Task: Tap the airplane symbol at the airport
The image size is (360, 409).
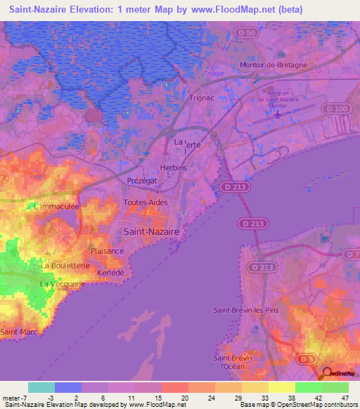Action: pyautogui.click(x=278, y=113)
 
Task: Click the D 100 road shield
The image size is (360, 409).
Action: pyautogui.click(x=338, y=108)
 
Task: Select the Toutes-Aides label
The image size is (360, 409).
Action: pyautogui.click(x=146, y=202)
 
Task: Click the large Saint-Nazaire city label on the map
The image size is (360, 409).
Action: pyautogui.click(x=151, y=231)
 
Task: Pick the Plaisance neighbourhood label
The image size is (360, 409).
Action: pyautogui.click(x=108, y=251)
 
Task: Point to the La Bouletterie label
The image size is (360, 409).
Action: pyautogui.click(x=65, y=266)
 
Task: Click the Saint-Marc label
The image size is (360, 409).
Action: pyautogui.click(x=19, y=331)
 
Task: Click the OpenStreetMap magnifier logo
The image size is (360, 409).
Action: pyautogui.click(x=327, y=374)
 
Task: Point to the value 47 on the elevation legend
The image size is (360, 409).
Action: pyautogui.click(x=345, y=398)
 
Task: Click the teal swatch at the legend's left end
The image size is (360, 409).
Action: pyautogui.click(x=41, y=387)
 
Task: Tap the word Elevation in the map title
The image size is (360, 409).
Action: pyautogui.click(x=94, y=10)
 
